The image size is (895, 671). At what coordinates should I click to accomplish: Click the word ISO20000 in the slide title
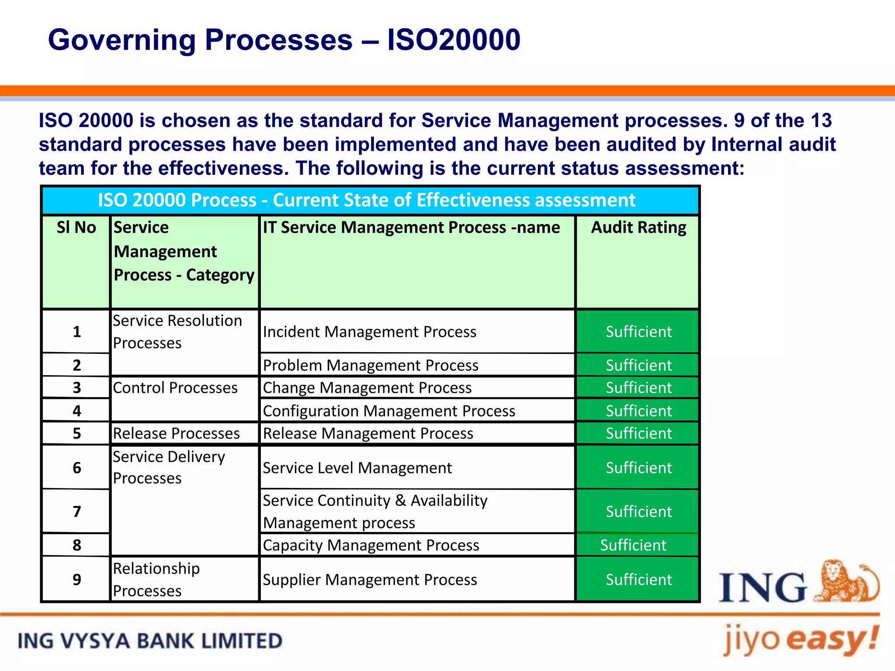[x=454, y=40]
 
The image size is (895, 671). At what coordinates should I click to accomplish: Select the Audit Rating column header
[x=638, y=228]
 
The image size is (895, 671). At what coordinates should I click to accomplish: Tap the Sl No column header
[x=76, y=228]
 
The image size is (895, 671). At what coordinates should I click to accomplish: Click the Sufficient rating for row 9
[x=638, y=580]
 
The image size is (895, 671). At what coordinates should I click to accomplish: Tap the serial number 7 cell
[x=77, y=512]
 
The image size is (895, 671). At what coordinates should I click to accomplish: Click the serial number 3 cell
[x=77, y=388]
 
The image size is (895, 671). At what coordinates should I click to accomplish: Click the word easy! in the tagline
[x=833, y=639]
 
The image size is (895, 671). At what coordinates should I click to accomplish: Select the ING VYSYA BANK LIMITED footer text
[x=150, y=641]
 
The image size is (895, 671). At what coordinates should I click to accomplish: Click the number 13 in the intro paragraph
[x=821, y=121]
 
